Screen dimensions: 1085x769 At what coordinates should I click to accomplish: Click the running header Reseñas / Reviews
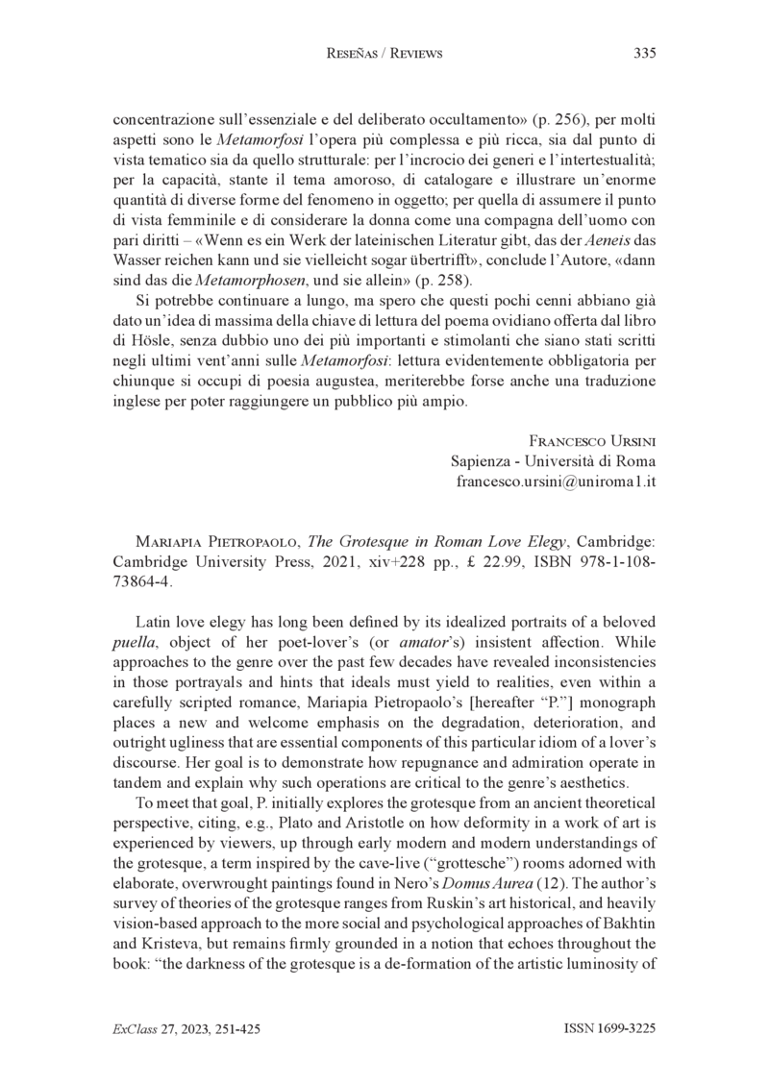(x=384, y=54)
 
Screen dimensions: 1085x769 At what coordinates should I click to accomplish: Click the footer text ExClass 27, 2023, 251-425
(x=186, y=1029)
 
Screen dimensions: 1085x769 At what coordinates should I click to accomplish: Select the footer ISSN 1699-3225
(x=608, y=1029)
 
